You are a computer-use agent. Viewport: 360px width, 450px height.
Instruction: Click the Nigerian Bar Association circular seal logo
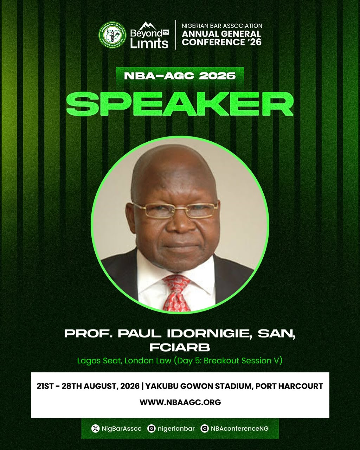(112, 35)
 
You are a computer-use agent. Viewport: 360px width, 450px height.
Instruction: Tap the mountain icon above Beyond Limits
(148, 26)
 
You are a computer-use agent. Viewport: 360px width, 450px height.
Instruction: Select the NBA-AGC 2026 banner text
(180, 76)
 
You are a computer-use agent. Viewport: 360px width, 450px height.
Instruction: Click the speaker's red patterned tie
(176, 293)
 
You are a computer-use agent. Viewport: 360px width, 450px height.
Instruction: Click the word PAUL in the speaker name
(140, 334)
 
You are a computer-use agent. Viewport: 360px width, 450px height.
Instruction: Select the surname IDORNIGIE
(210, 334)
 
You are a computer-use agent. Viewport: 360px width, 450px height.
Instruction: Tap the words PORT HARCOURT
(289, 386)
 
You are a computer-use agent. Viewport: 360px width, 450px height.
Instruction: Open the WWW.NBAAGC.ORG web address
(180, 402)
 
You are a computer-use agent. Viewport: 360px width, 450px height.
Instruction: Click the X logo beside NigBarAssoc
(95, 429)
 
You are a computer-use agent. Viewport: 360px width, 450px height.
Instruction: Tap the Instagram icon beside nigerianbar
(152, 429)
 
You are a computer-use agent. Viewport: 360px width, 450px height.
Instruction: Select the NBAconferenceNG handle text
(239, 429)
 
